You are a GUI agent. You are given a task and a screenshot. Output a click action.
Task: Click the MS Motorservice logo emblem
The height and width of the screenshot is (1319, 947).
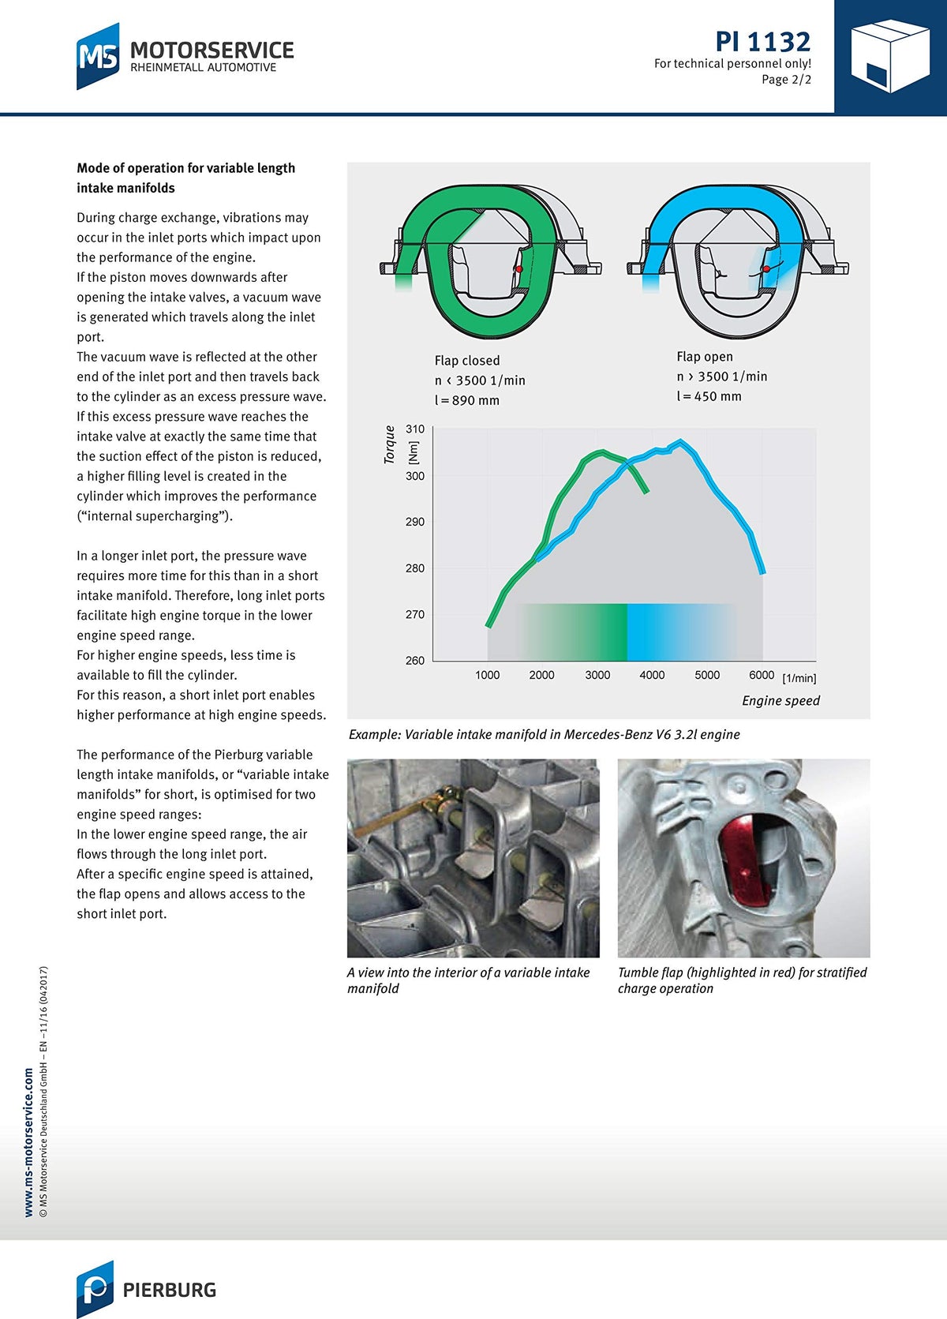pos(98,56)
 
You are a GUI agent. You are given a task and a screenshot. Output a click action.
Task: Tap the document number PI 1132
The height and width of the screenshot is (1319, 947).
pos(762,41)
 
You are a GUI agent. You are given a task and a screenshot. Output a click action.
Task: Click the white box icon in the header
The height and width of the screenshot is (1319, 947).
pos(889,56)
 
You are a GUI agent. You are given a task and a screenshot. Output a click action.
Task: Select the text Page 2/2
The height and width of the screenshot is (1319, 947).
pos(786,80)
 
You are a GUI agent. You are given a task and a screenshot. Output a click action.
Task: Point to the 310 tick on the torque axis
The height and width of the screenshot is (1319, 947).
pos(415,429)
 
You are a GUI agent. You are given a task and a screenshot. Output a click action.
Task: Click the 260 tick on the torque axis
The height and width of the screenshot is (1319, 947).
pos(415,661)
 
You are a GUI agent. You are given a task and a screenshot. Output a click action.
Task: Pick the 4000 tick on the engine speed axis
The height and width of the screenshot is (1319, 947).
pos(652,675)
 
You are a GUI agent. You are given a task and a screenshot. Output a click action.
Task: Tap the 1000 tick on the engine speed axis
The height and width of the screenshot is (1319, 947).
pos(487,675)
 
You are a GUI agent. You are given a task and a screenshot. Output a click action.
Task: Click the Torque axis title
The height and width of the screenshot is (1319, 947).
pos(390,444)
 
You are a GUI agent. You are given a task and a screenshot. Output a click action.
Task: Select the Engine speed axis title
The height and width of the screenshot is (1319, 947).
pos(780,701)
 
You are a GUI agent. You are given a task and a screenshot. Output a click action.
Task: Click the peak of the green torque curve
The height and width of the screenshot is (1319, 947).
pos(603,452)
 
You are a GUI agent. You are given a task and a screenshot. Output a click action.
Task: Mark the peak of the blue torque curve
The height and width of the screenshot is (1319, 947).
pos(681,441)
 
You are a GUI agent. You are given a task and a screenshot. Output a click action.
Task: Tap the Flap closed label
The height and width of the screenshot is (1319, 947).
pos(467,361)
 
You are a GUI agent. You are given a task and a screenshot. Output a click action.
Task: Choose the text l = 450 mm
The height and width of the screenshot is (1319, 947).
pos(709,396)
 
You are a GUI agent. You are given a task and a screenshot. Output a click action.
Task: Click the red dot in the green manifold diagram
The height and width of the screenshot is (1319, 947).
pos(518,269)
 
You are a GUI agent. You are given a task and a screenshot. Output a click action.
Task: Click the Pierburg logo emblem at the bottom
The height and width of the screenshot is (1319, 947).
pos(95,1289)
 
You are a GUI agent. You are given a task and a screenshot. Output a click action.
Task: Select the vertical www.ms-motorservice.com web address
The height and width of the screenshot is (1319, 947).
pos(29,1142)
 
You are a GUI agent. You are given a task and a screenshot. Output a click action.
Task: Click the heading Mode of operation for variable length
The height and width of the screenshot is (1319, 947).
pos(185,168)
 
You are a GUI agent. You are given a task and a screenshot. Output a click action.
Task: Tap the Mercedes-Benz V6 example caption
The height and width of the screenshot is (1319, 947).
pos(544,735)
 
